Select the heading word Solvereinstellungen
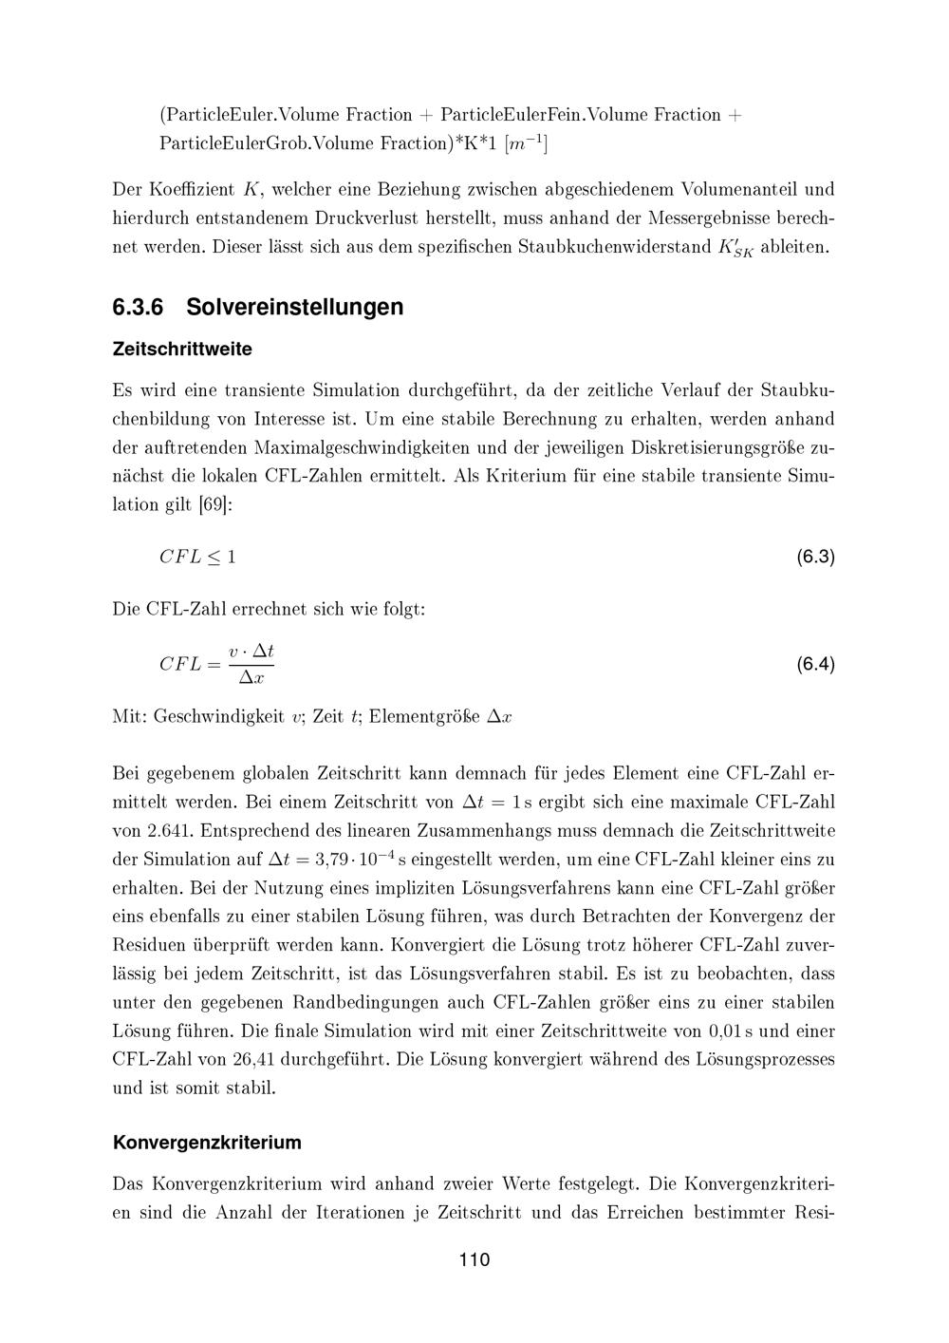(x=294, y=307)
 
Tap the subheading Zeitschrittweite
(x=182, y=350)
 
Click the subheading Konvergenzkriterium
(x=207, y=1142)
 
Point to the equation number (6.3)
(x=815, y=557)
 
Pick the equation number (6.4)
(x=815, y=664)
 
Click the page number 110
(x=474, y=1260)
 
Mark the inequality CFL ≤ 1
(x=196, y=558)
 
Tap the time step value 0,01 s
(x=734, y=1031)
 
